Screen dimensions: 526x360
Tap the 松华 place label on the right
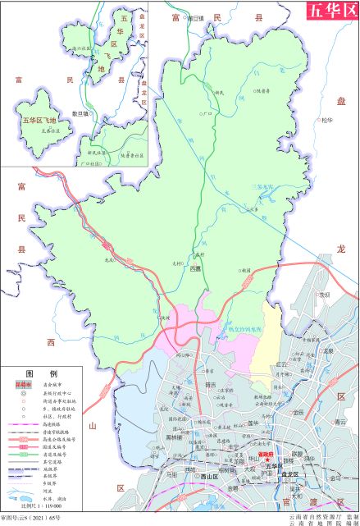point(328,120)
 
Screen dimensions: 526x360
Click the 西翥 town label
point(195,268)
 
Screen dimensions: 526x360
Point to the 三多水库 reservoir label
point(265,188)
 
